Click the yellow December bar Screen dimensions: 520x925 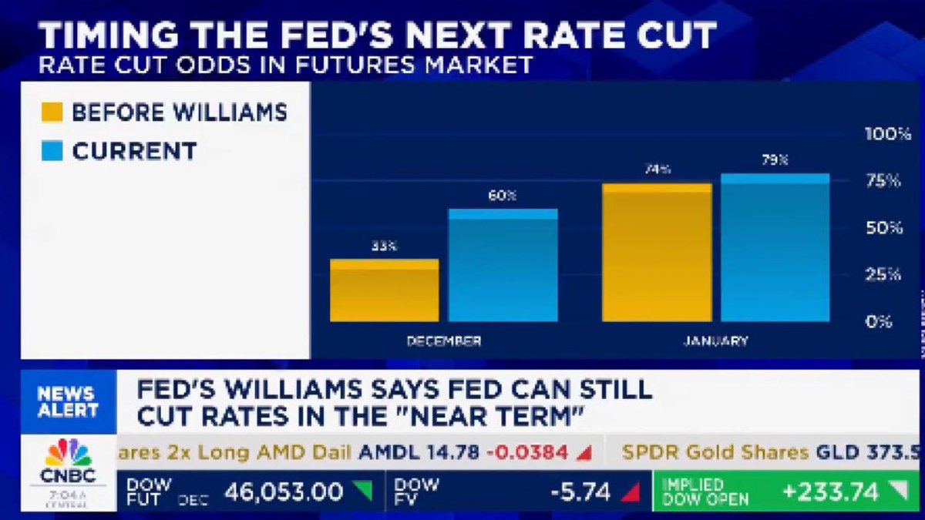click(384, 290)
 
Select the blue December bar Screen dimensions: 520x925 click(503, 265)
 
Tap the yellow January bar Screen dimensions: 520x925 click(657, 253)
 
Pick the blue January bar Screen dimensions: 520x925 click(775, 247)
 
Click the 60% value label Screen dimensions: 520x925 click(502, 196)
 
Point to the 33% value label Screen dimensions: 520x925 click(383, 247)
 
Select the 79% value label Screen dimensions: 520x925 click(775, 160)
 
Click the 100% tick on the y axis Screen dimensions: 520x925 click(887, 134)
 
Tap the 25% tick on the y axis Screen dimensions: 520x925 click(883, 274)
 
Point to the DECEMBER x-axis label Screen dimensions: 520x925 click(444, 341)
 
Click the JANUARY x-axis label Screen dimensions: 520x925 click(715, 341)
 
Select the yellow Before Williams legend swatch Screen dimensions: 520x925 click(52, 113)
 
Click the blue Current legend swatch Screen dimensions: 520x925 click(52, 151)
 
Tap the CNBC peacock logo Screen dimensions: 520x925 click(69, 453)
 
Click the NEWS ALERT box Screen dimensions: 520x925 click(68, 401)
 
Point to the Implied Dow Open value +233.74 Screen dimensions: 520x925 click(829, 491)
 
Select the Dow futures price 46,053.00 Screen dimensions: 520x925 click(283, 491)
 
